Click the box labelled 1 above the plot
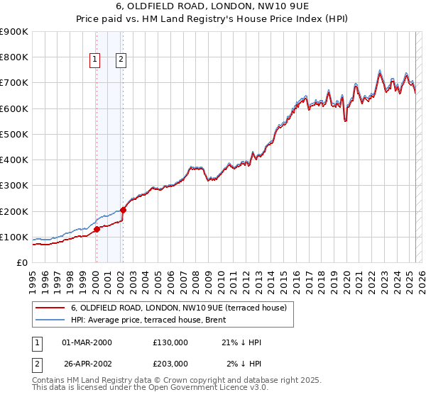pos(95,60)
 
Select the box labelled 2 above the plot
pos(121,60)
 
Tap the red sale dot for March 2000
pos(97,229)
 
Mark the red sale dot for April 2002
pos(123,210)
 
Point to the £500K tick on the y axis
pos(14,134)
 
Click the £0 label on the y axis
pos(22,263)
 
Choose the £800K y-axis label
pos(14,57)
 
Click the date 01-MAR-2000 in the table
pos(87,342)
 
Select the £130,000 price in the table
pos(170,342)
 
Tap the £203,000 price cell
pos(170,364)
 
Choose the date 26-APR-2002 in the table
pos(87,364)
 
